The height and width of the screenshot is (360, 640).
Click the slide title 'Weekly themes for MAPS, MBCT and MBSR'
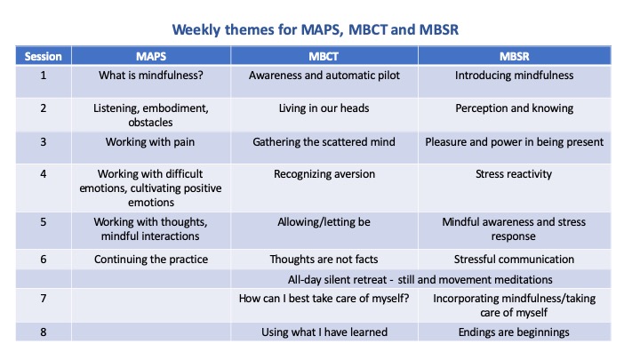click(315, 30)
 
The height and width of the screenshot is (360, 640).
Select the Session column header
click(43, 56)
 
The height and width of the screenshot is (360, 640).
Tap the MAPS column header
click(151, 56)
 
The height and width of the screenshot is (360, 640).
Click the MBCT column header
click(324, 56)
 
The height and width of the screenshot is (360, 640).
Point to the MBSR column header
click(515, 56)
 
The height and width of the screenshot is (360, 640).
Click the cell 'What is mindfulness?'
click(151, 76)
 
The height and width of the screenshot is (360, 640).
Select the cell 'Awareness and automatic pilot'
click(324, 76)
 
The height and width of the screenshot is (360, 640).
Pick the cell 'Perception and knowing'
click(515, 108)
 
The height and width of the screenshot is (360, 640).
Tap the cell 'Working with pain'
click(150, 142)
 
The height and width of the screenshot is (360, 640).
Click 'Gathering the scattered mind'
click(324, 142)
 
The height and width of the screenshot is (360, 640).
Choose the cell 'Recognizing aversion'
click(324, 174)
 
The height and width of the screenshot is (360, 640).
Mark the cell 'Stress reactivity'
click(514, 174)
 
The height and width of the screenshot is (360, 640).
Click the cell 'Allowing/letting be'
click(324, 222)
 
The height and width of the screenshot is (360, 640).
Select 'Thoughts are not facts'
click(324, 260)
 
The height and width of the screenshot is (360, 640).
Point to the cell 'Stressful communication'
click(514, 260)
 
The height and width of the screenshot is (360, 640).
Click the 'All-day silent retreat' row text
click(420, 280)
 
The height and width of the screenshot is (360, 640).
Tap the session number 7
click(44, 299)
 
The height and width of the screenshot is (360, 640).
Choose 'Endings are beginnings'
click(514, 332)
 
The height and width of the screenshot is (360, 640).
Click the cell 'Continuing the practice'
click(151, 260)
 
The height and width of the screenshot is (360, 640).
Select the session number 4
click(44, 174)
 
